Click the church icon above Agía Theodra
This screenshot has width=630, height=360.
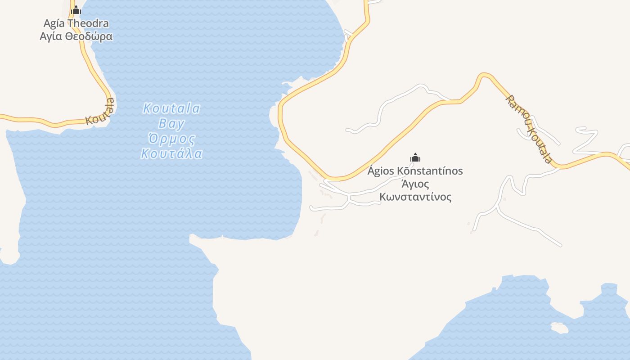(x=76, y=10)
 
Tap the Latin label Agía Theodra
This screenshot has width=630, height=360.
(x=76, y=23)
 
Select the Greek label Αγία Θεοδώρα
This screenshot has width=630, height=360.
(x=76, y=36)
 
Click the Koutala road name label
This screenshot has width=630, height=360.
(x=100, y=112)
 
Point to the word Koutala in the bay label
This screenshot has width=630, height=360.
(x=171, y=108)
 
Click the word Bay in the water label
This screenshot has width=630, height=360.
(x=171, y=123)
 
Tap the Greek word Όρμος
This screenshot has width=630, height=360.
(x=171, y=138)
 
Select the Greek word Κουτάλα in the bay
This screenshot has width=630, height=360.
(x=171, y=153)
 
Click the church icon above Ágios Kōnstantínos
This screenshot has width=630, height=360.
(x=415, y=157)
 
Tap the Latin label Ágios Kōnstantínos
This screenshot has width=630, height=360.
(x=415, y=171)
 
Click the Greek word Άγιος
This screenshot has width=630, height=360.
(x=415, y=184)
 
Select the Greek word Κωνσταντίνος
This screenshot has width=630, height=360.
(x=415, y=197)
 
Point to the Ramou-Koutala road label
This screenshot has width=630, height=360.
(x=529, y=129)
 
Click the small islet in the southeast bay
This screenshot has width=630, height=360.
(x=559, y=328)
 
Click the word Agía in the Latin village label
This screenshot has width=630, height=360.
(x=54, y=23)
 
